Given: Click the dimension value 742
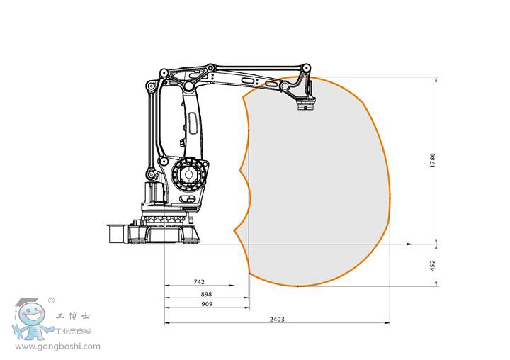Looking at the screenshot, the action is point(199,282).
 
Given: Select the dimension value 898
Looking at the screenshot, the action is point(206,294).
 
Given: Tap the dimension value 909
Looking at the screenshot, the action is point(207,304).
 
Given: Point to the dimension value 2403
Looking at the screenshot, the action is point(277,320).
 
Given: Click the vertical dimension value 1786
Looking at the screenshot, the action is point(432,160).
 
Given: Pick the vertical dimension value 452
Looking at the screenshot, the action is point(432,266).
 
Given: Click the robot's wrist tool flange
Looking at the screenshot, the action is point(306,106).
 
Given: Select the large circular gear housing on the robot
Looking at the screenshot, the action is point(188,175).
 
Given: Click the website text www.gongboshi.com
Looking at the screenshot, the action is point(58,347).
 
